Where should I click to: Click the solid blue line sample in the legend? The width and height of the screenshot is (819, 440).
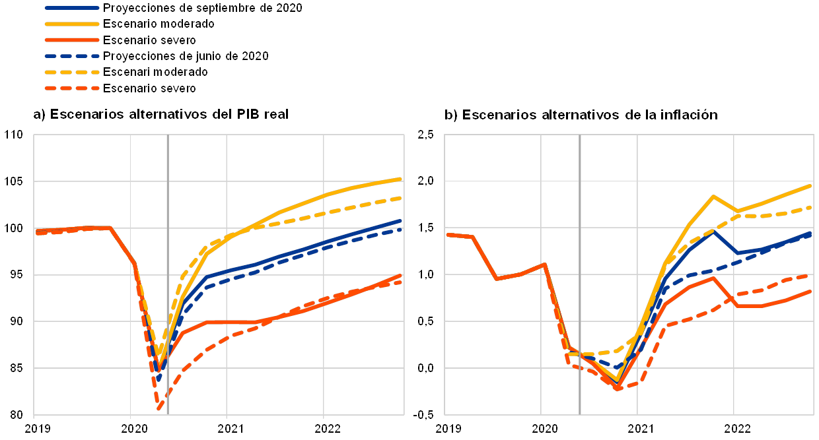[x=72, y=7]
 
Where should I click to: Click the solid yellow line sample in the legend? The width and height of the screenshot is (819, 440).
[x=72, y=24]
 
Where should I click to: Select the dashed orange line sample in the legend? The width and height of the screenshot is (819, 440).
[x=72, y=88]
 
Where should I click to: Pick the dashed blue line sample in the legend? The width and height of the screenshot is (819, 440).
[x=72, y=56]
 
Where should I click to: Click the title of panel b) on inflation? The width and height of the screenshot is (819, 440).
[x=581, y=115]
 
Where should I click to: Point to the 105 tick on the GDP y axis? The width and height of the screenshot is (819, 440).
[x=14, y=181]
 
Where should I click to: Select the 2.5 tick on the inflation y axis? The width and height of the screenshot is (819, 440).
[x=425, y=135]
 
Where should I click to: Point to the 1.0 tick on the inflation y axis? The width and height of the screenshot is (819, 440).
[x=425, y=274]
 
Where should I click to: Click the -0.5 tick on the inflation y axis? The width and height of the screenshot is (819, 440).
[x=425, y=414]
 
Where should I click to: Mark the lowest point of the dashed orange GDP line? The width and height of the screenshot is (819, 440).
[x=160, y=410]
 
